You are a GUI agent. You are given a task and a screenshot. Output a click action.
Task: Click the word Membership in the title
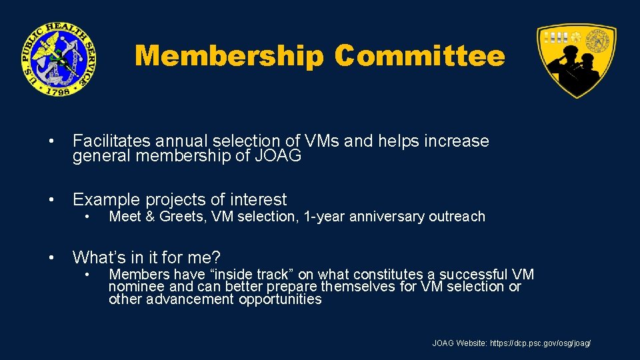pos(229,57)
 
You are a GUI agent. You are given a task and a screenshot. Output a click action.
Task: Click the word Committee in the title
pos(420,57)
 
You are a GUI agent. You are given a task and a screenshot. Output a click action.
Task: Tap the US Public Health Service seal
pos(58,59)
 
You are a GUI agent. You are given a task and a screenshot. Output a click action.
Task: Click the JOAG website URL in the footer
pos(540,343)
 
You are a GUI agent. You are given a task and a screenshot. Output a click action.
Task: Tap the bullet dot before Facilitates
pos(51,142)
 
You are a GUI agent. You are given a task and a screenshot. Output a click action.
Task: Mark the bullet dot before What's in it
pos(51,258)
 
